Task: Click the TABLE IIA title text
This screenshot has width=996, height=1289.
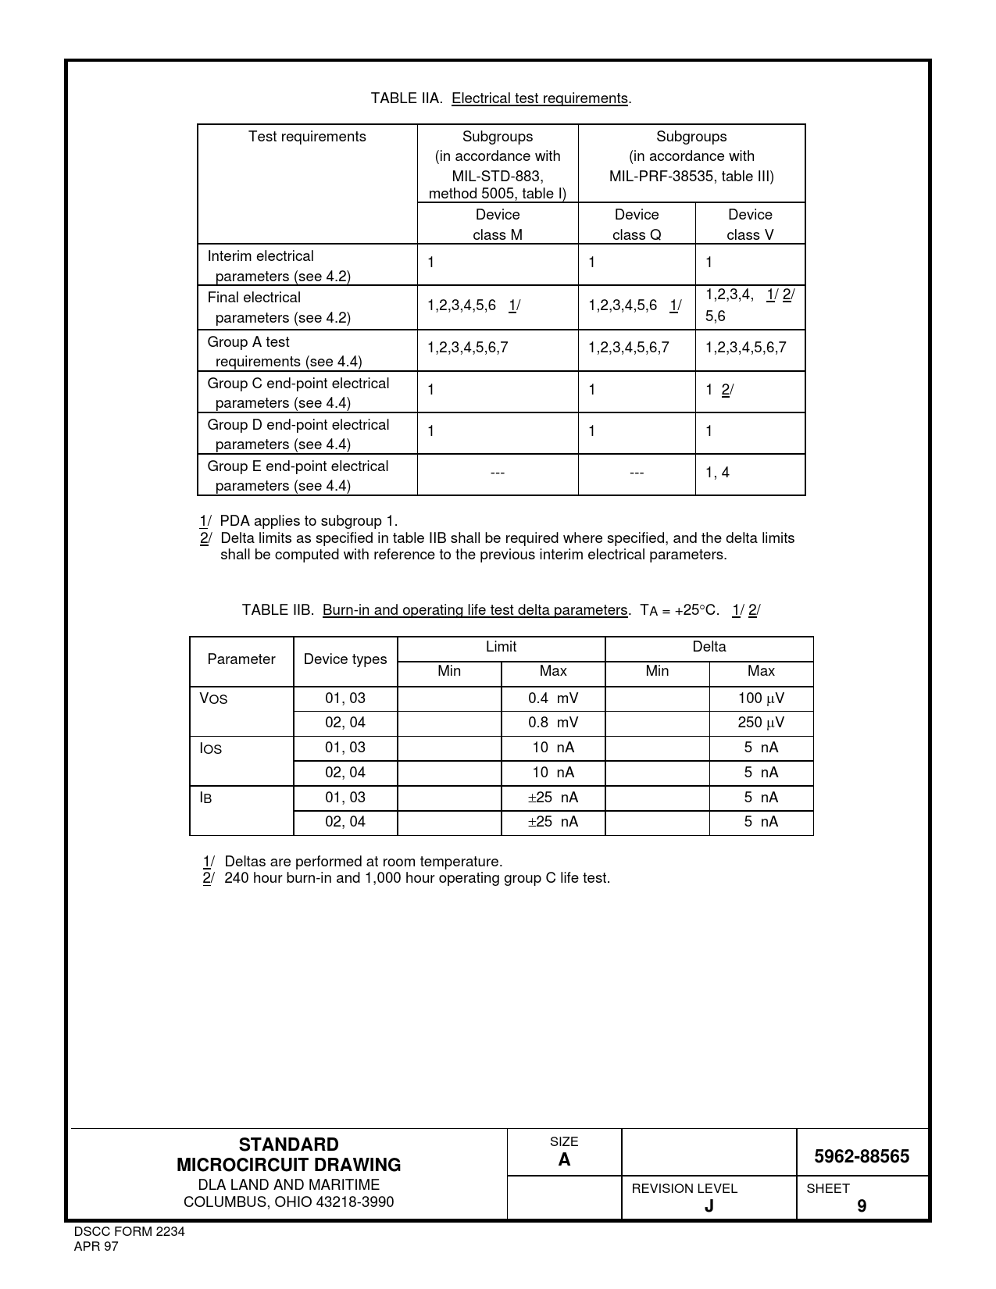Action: [501, 98]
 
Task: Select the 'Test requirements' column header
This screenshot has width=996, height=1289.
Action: [307, 137]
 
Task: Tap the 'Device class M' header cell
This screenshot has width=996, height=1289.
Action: [498, 224]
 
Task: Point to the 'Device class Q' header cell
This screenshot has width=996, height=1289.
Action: [637, 224]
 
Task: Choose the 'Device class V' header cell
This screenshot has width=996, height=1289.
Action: [750, 224]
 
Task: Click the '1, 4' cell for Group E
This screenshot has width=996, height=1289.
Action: [717, 473]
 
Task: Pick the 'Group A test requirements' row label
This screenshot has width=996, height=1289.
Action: [284, 352]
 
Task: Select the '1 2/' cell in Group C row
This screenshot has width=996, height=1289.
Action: [719, 390]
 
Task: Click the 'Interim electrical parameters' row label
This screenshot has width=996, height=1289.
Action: [279, 266]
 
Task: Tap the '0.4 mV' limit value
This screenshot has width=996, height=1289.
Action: [553, 698]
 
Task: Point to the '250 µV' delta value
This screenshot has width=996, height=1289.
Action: [761, 723]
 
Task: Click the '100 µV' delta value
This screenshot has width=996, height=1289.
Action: [761, 698]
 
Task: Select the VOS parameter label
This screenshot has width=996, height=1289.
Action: [213, 698]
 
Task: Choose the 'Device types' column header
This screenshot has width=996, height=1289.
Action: [345, 659]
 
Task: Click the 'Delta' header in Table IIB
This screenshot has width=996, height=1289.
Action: [709, 647]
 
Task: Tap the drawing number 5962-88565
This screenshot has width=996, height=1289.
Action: [862, 1157]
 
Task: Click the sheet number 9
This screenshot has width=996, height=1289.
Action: [862, 1206]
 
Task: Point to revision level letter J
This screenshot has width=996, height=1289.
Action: [709, 1206]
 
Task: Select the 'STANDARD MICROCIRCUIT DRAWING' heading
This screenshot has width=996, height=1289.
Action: [288, 1155]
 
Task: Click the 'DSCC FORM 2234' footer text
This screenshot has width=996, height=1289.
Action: [129, 1232]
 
